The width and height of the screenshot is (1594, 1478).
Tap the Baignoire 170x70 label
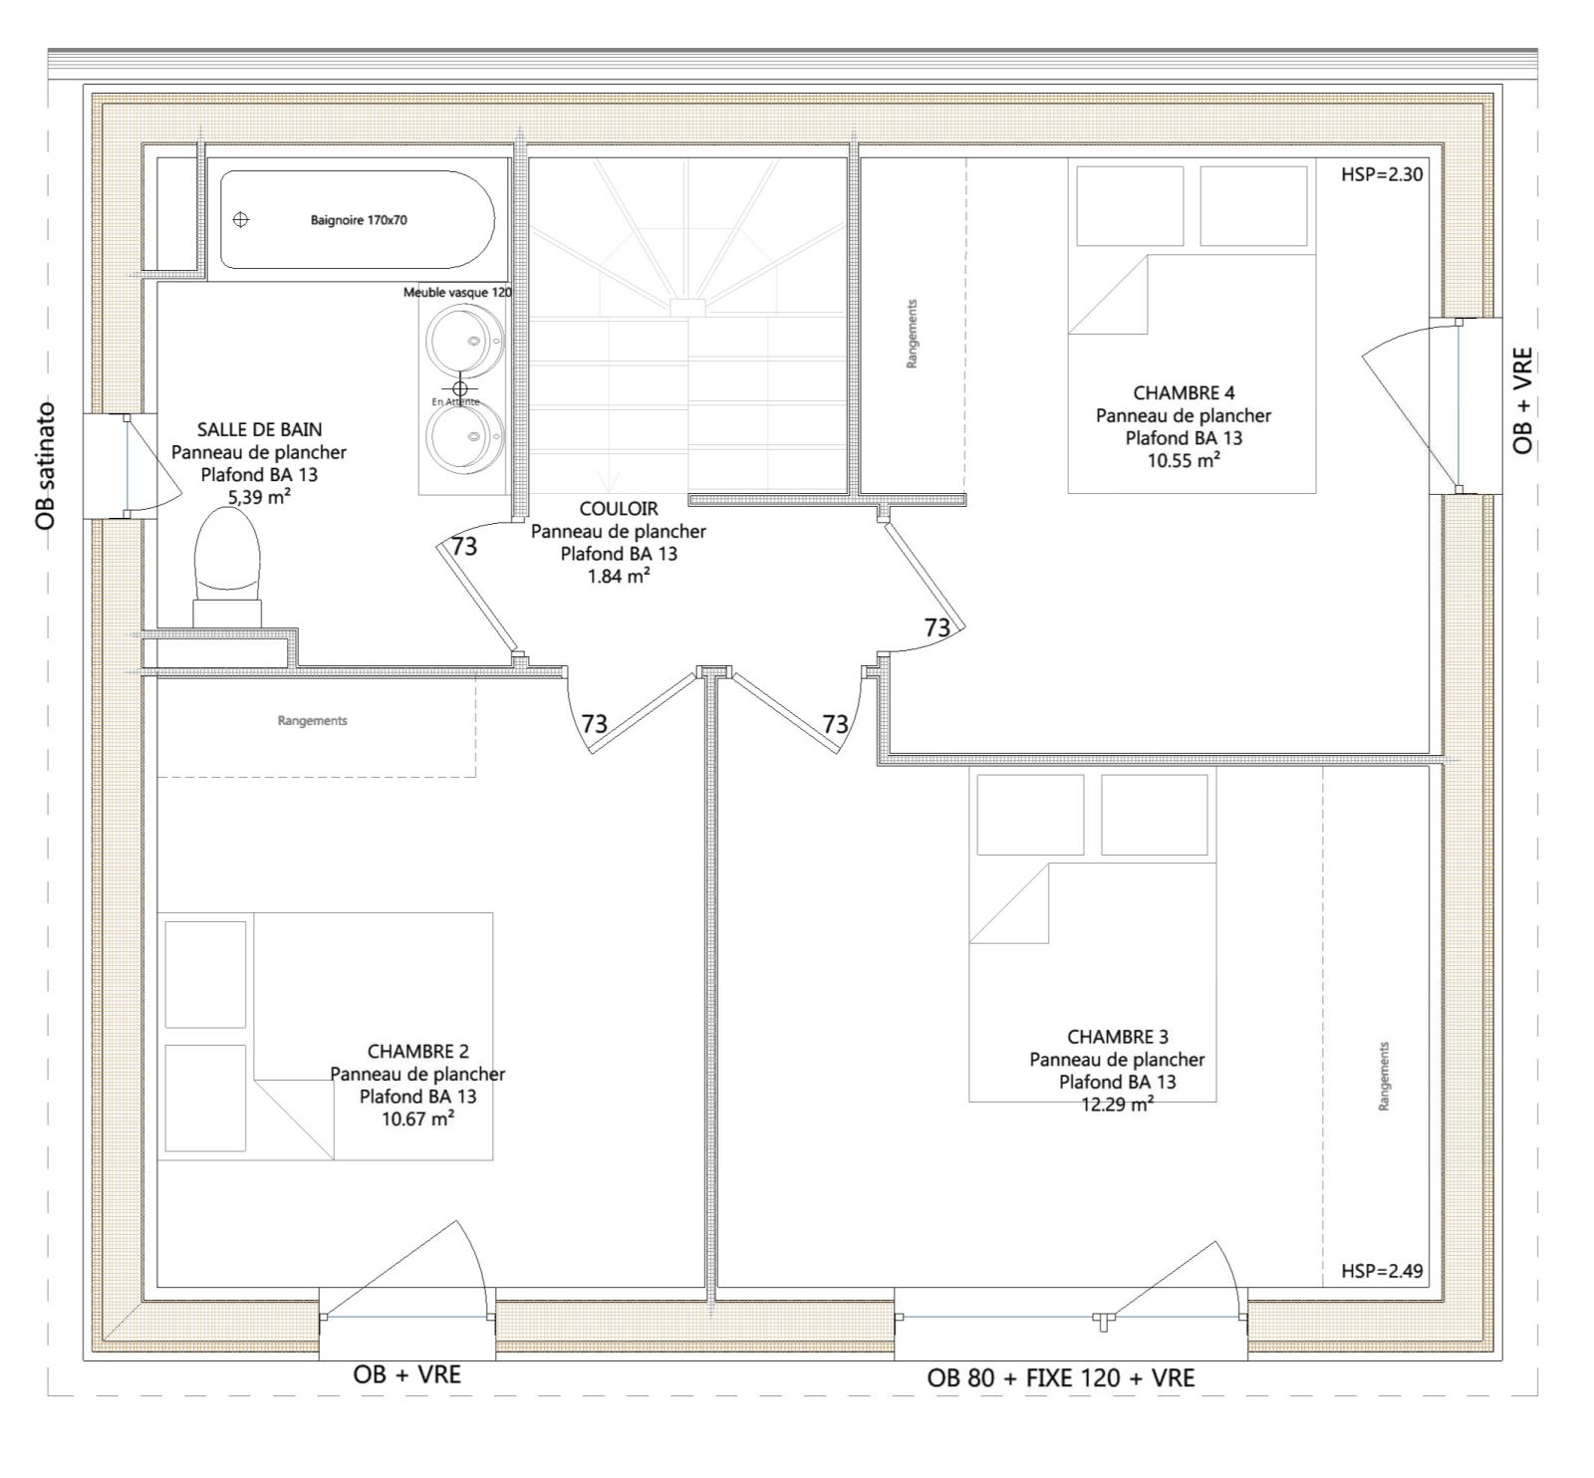(359, 220)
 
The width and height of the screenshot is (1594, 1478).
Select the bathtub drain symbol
(240, 219)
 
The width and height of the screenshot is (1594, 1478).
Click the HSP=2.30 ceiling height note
(1382, 175)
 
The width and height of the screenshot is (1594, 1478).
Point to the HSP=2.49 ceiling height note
(1382, 1271)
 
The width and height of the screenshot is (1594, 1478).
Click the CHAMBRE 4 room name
(1184, 393)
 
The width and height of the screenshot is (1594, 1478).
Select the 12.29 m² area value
(1118, 1104)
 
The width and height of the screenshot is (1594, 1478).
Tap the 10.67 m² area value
(418, 1118)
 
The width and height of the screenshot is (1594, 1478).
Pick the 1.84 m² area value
(619, 576)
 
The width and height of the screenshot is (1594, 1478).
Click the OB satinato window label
(45, 465)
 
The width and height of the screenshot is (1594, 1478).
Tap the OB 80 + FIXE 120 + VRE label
(1061, 1378)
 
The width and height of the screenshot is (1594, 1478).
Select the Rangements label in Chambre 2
(313, 720)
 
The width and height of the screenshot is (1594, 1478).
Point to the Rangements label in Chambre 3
(1384, 1077)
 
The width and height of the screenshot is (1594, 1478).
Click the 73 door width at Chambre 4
(936, 627)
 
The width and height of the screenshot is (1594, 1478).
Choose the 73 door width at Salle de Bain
(464, 546)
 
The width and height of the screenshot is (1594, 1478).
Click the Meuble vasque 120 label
(457, 293)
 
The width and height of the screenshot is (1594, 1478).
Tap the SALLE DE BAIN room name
(259, 430)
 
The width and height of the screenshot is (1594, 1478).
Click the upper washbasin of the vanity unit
(463, 340)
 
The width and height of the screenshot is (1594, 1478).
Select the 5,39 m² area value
(259, 496)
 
